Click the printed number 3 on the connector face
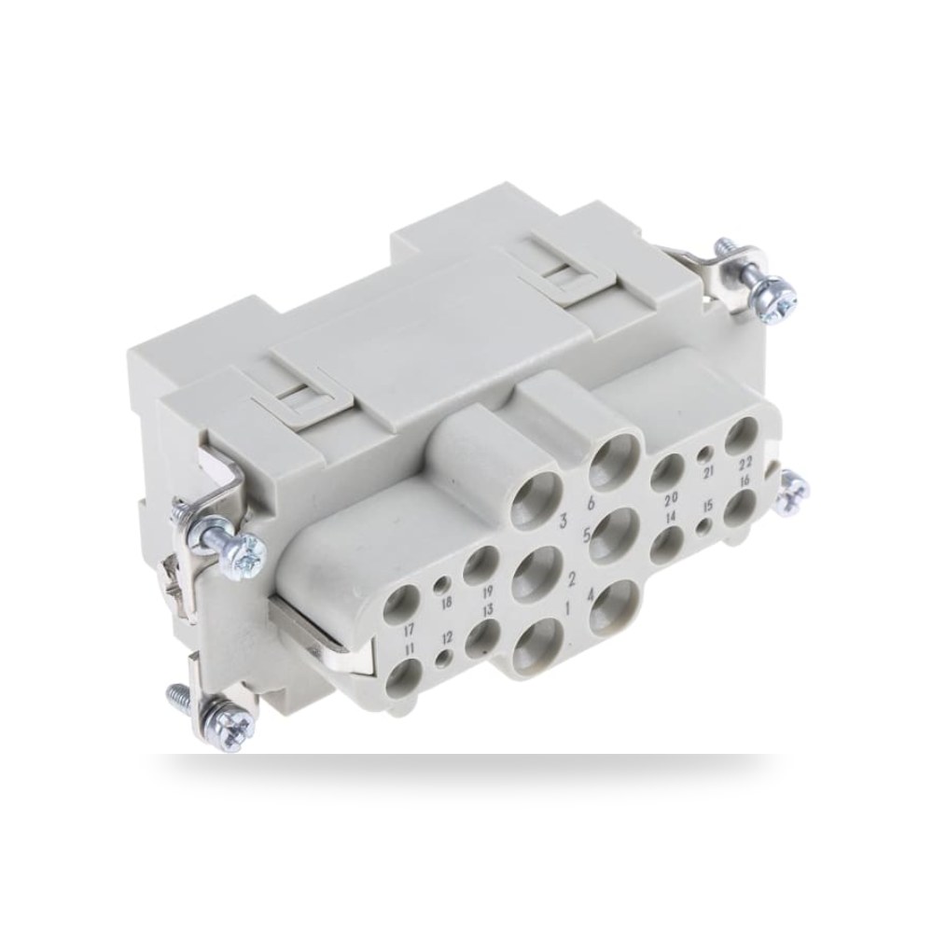point(560,523)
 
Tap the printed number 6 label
point(591,504)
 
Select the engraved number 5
point(586,536)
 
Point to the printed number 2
point(573,578)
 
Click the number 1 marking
point(567,608)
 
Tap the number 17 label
point(409,628)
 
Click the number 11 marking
point(409,648)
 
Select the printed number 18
point(446,604)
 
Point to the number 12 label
point(448,638)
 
